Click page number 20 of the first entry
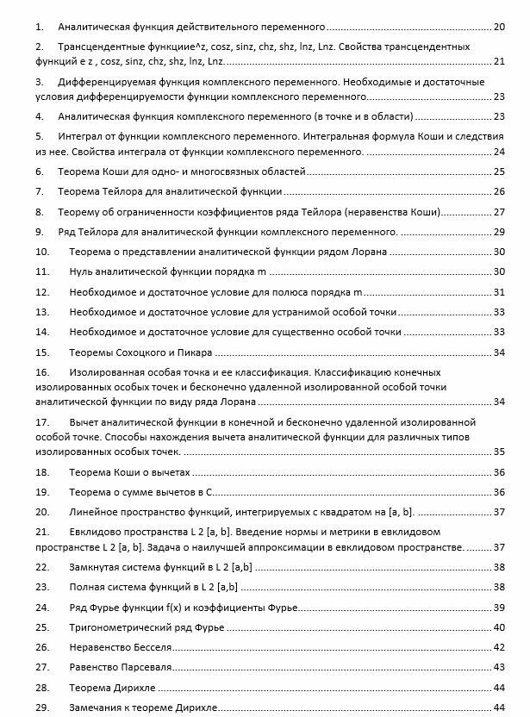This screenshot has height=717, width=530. point(500,28)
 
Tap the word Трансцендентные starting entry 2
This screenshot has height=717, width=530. point(97,45)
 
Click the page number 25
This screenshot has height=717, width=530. point(500,171)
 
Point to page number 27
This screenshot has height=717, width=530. point(500,212)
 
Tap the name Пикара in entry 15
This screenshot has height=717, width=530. point(196,352)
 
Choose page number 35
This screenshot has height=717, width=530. point(500,452)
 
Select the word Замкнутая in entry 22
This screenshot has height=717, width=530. point(96,567)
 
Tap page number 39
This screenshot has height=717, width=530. point(500,608)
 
